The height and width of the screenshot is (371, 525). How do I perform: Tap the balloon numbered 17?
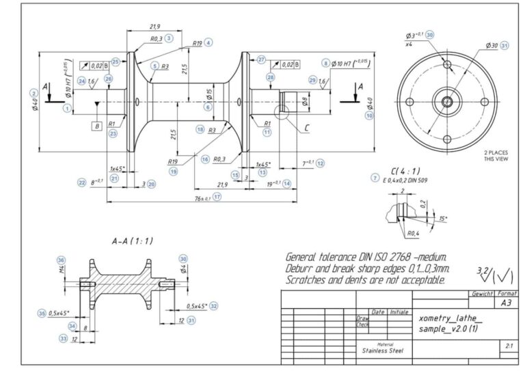click(217, 197)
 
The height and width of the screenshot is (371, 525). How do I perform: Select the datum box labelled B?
click(98, 126)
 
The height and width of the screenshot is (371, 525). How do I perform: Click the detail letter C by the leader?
click(306, 127)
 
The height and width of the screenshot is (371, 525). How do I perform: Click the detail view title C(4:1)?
click(405, 170)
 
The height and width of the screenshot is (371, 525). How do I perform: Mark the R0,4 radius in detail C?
click(412, 233)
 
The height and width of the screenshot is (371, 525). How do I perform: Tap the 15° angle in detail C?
click(444, 219)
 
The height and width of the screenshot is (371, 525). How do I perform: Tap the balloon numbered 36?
click(61, 259)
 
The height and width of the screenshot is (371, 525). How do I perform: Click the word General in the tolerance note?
click(305, 258)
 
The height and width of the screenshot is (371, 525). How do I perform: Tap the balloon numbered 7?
click(375, 178)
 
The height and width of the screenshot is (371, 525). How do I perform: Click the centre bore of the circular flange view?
click(447, 102)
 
